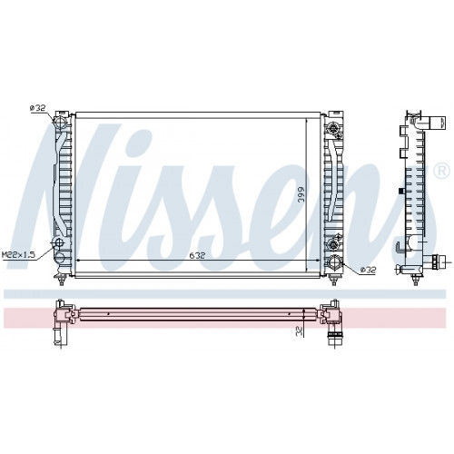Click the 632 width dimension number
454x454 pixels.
click(x=197, y=255)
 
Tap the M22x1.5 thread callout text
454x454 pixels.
click(x=18, y=255)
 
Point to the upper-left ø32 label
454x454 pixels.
click(x=37, y=108)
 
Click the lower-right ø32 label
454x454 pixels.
click(x=368, y=269)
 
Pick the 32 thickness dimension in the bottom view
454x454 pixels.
click(x=299, y=332)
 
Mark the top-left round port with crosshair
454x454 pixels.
click(x=60, y=122)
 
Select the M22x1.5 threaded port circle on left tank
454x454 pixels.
click(x=58, y=242)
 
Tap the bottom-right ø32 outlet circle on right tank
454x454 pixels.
click(x=335, y=262)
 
